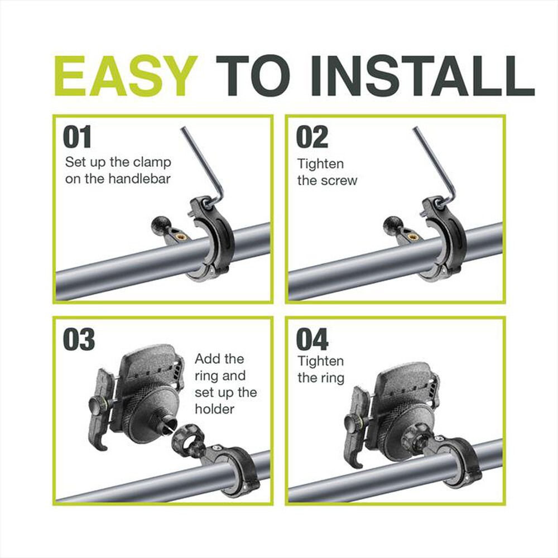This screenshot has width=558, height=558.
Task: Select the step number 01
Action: pos(77,137)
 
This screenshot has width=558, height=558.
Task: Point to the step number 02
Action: pos(312,137)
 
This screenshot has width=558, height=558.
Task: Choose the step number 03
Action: pos(79,339)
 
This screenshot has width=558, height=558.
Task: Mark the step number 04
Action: pos(312,339)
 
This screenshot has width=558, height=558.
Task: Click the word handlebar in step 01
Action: pos(139,179)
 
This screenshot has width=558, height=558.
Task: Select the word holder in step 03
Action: pos(214,408)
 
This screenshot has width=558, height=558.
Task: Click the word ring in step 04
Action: pos(331,378)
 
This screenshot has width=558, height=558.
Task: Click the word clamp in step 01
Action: pos(154,163)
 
